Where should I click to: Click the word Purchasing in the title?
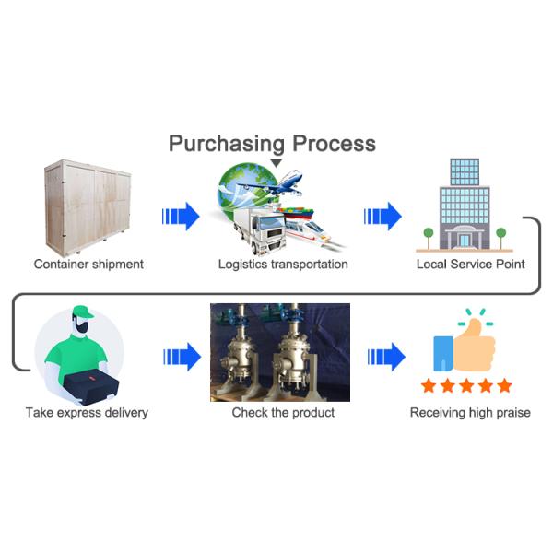pos(227,143)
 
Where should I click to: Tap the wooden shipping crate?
pos(88,205)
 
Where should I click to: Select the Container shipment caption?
pos(88,265)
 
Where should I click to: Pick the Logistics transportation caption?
pos(283,265)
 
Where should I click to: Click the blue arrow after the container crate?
pos(181,218)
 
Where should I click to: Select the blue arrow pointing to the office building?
pos(382,218)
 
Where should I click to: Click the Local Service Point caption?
pos(470,265)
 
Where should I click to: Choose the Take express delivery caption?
pos(88,412)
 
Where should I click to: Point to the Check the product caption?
pos(283,412)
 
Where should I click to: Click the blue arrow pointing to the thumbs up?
pos(385,355)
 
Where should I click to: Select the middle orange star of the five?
pos(465,385)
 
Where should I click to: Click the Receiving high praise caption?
pos(470,412)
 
